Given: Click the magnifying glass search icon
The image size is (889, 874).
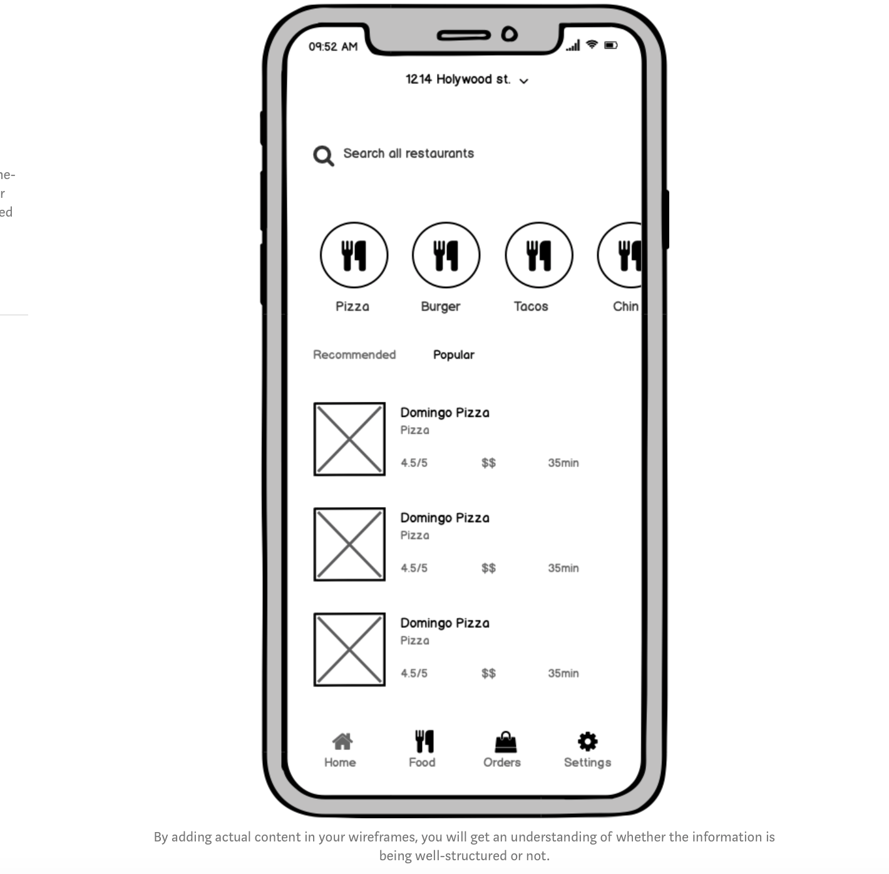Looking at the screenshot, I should pyautogui.click(x=323, y=155).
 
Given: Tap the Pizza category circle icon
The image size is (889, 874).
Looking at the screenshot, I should pyautogui.click(x=354, y=255).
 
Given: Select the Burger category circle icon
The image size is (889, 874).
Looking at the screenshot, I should pyautogui.click(x=446, y=255).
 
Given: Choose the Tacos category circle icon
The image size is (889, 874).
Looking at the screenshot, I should pyautogui.click(x=538, y=255).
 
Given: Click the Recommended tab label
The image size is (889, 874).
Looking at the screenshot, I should pyautogui.click(x=354, y=355).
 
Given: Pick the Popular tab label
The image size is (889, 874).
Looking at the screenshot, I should pyautogui.click(x=454, y=355).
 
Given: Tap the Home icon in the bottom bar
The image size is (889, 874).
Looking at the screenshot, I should pyautogui.click(x=342, y=742).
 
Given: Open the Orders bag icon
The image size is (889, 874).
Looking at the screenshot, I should pyautogui.click(x=505, y=743).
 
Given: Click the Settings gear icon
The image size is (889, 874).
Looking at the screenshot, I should pyautogui.click(x=587, y=742).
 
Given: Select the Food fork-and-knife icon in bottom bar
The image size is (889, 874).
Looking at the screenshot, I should pyautogui.click(x=424, y=742).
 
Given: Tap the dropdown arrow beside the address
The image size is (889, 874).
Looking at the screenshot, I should pyautogui.click(x=524, y=81).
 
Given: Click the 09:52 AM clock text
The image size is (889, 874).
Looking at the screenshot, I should pyautogui.click(x=332, y=47).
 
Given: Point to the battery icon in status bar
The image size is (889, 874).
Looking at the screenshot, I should pyautogui.click(x=610, y=45).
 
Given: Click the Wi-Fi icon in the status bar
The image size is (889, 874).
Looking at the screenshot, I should pyautogui.click(x=592, y=45).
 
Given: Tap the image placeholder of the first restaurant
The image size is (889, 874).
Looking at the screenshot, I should pyautogui.click(x=349, y=439).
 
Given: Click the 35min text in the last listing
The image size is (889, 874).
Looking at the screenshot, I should pyautogui.click(x=563, y=674).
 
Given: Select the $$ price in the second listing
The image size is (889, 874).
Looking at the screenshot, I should pyautogui.click(x=488, y=568).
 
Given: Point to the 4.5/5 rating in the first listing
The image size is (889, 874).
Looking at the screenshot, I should pyautogui.click(x=414, y=463).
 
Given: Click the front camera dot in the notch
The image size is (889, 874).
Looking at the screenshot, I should pyautogui.click(x=510, y=34).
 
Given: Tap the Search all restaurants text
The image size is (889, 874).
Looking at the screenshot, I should pyautogui.click(x=408, y=153).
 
